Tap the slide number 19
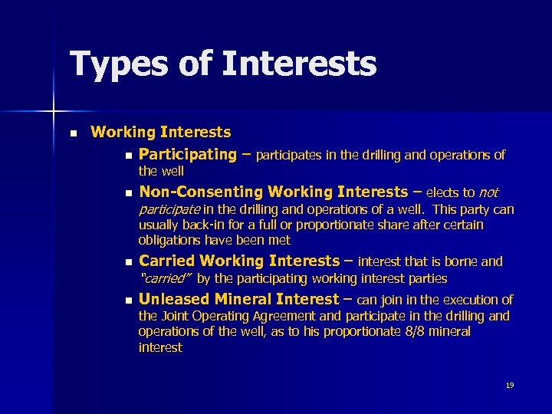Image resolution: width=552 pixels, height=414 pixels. pos(510,385)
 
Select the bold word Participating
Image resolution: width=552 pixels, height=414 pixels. pos(188,154)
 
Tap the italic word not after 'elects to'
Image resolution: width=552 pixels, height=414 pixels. pos(488,192)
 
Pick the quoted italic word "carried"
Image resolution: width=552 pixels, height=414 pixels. pos(165,278)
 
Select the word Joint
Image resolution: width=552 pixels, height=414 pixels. pos(174,316)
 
